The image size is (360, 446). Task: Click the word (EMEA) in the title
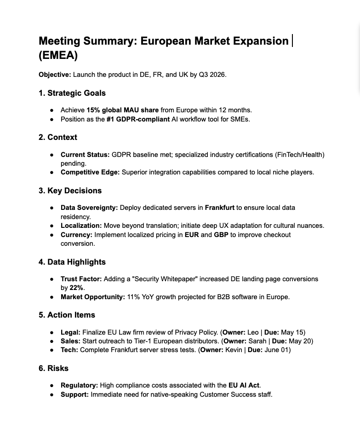(58, 56)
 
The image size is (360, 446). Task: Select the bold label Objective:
(55, 75)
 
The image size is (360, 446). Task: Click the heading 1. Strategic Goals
(72, 93)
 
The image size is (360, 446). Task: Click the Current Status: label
(85, 155)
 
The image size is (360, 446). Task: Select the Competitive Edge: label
(90, 172)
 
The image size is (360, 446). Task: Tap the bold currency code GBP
(222, 235)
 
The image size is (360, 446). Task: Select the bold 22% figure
(77, 288)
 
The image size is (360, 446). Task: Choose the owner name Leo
(253, 332)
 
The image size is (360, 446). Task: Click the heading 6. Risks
(53, 368)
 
